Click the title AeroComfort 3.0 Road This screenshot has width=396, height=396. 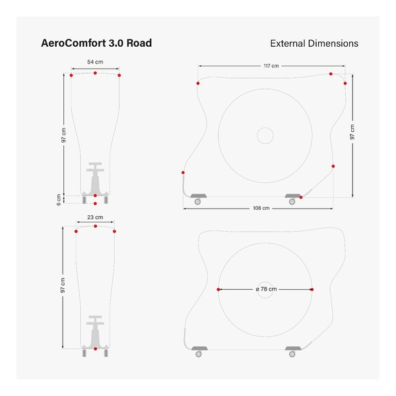[x=96, y=43]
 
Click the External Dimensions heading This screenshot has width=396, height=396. [x=314, y=44]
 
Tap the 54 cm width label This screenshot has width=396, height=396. [x=95, y=62]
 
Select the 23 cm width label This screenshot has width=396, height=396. [x=95, y=217]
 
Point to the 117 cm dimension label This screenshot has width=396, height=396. [x=271, y=66]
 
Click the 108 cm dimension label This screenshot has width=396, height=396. [x=261, y=208]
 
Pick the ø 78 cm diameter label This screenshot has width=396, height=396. [x=266, y=289]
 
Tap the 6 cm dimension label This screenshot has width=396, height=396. [x=59, y=199]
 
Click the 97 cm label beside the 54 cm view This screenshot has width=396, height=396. [x=63, y=135]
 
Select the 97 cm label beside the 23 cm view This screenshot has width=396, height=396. [x=63, y=285]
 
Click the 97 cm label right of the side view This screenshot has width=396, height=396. [x=352, y=132]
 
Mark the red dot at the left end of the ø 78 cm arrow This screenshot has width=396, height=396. [x=218, y=290]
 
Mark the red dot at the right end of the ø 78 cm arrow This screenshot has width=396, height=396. [x=312, y=290]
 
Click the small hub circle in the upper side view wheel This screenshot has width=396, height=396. [x=265, y=135]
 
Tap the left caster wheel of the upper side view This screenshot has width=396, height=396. [x=197, y=201]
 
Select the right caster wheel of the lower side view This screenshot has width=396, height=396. [x=292, y=354]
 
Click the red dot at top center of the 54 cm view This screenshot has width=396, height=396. [x=95, y=73]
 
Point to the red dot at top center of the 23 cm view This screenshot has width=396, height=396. [x=96, y=226]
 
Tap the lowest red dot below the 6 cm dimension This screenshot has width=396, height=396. [x=95, y=203]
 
